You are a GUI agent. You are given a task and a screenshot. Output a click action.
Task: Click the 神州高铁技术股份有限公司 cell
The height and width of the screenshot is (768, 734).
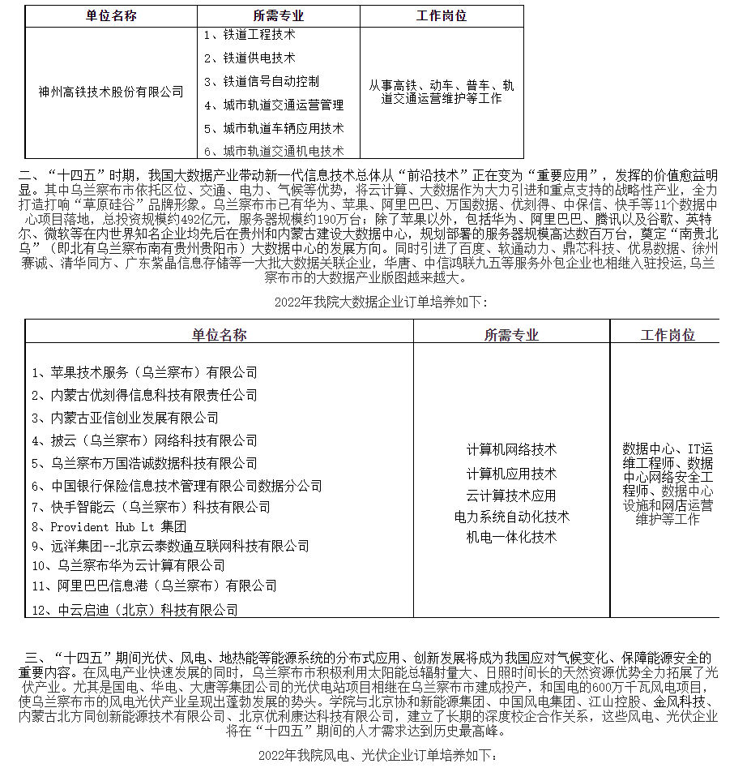pos(112,92)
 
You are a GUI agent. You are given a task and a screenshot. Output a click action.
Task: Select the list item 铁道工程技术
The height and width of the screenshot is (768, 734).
pos(250,35)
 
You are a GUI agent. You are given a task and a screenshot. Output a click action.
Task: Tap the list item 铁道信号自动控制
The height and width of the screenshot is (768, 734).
pos(261,82)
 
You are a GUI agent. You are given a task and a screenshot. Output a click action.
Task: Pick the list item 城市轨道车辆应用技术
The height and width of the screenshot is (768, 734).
pos(274,128)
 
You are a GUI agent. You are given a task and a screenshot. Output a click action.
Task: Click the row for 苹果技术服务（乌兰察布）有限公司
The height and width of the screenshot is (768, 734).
pos(144,372)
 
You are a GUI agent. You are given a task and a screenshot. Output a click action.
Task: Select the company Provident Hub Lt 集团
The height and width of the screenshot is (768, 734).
pos(109,526)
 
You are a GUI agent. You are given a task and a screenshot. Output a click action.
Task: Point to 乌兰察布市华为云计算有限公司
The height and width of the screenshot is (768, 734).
pos(129,564)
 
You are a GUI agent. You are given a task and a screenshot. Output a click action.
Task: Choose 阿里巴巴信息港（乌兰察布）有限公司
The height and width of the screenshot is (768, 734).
pos(154,586)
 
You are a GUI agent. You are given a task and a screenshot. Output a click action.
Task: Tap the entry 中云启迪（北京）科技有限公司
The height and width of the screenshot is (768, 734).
pos(134,609)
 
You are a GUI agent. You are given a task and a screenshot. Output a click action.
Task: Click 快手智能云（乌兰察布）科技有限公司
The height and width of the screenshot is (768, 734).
pos(151,507)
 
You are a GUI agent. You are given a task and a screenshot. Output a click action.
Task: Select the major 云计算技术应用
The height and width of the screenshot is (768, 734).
pos(511,496)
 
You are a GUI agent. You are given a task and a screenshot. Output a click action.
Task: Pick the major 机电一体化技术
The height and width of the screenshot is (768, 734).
pos(511,537)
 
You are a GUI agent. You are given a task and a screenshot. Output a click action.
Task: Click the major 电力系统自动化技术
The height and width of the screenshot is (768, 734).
pos(511,517)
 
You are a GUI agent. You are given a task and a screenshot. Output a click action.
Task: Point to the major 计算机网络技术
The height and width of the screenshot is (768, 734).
pos(511,449)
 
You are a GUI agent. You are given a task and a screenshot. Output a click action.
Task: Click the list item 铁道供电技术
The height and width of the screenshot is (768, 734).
pos(250,58)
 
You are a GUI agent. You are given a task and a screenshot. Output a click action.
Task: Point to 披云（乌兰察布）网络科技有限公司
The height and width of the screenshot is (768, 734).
pos(144,440)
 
